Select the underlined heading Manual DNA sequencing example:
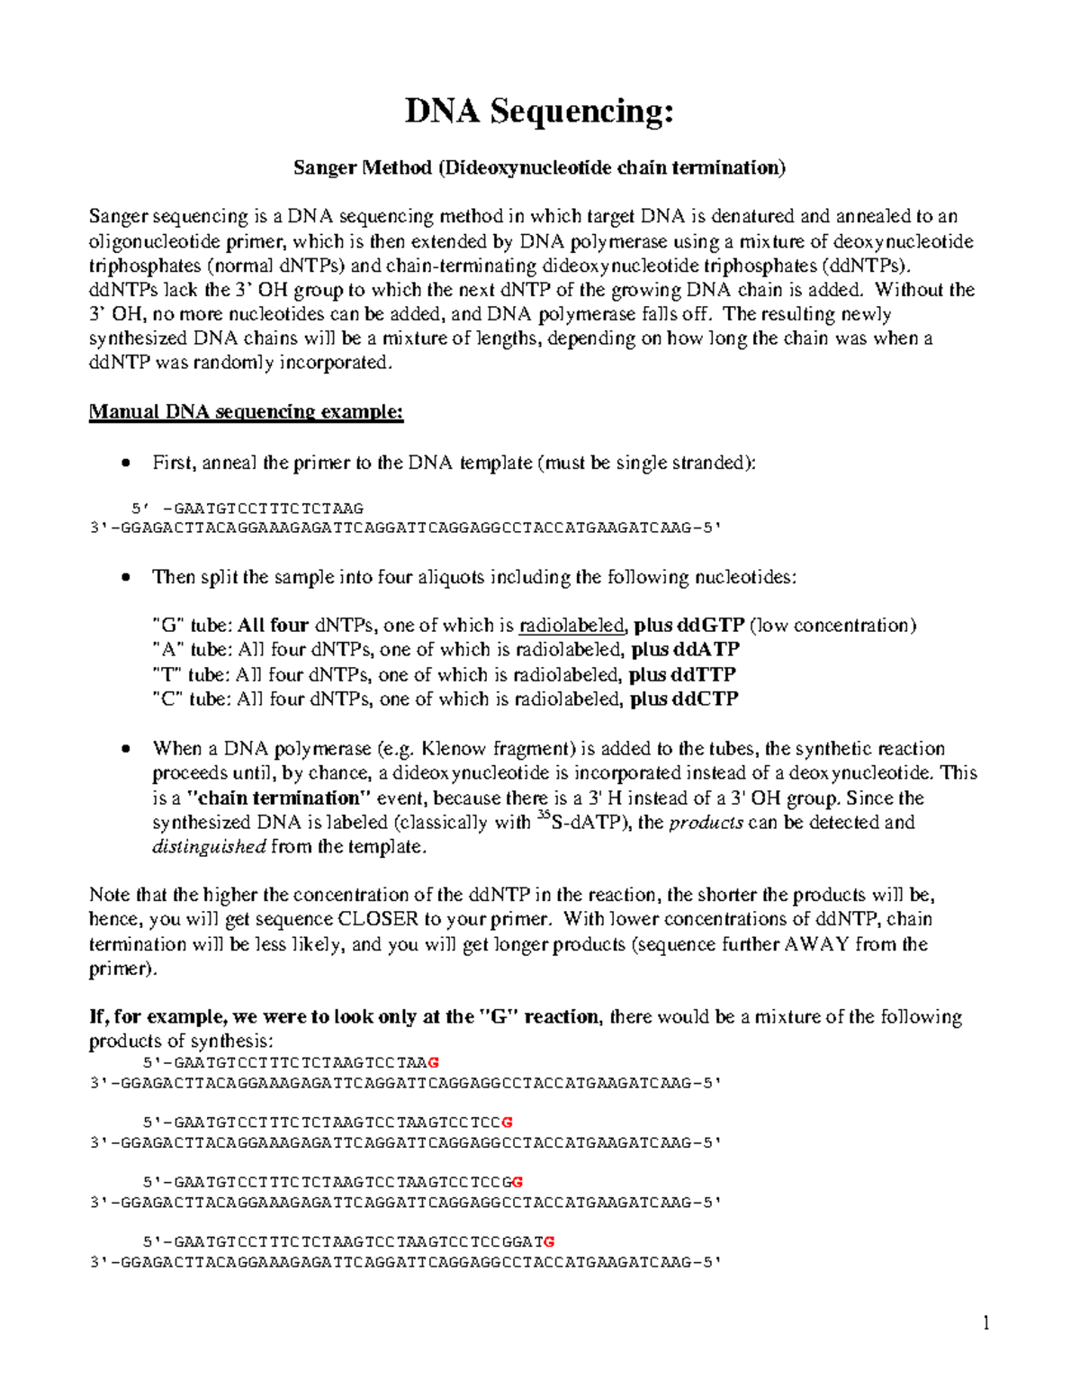[x=246, y=412]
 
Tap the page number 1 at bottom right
[x=985, y=1322]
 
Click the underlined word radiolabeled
[x=571, y=626]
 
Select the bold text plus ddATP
[x=685, y=650]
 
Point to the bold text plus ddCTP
[x=684, y=699]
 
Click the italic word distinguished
[x=209, y=846]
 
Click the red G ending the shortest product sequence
[x=435, y=1062]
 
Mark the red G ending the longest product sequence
[x=549, y=1241]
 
